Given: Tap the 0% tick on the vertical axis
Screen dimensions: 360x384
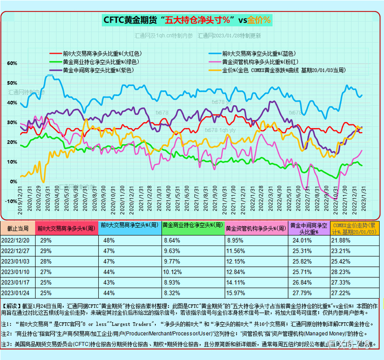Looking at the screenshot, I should point(12,181).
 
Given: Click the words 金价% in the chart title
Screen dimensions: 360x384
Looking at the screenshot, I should point(259,20).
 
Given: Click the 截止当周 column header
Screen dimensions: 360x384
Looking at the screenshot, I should point(19,228).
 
